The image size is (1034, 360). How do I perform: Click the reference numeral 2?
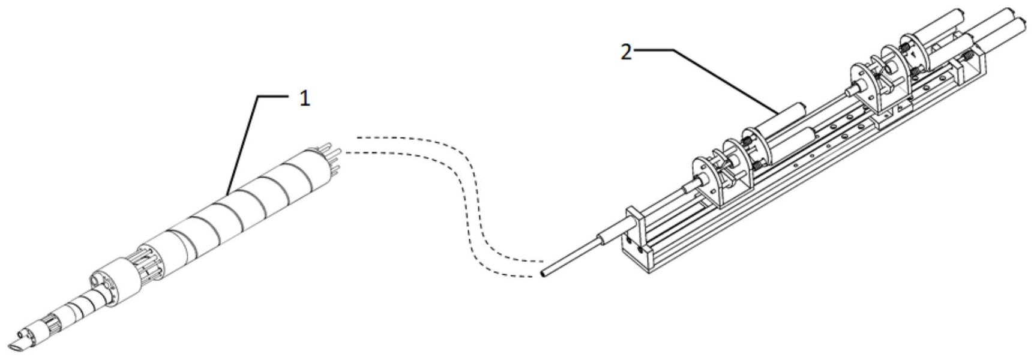tap(626, 52)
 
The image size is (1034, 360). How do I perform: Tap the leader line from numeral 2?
tap(720, 78)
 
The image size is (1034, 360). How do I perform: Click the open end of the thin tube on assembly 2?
tap(543, 274)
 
